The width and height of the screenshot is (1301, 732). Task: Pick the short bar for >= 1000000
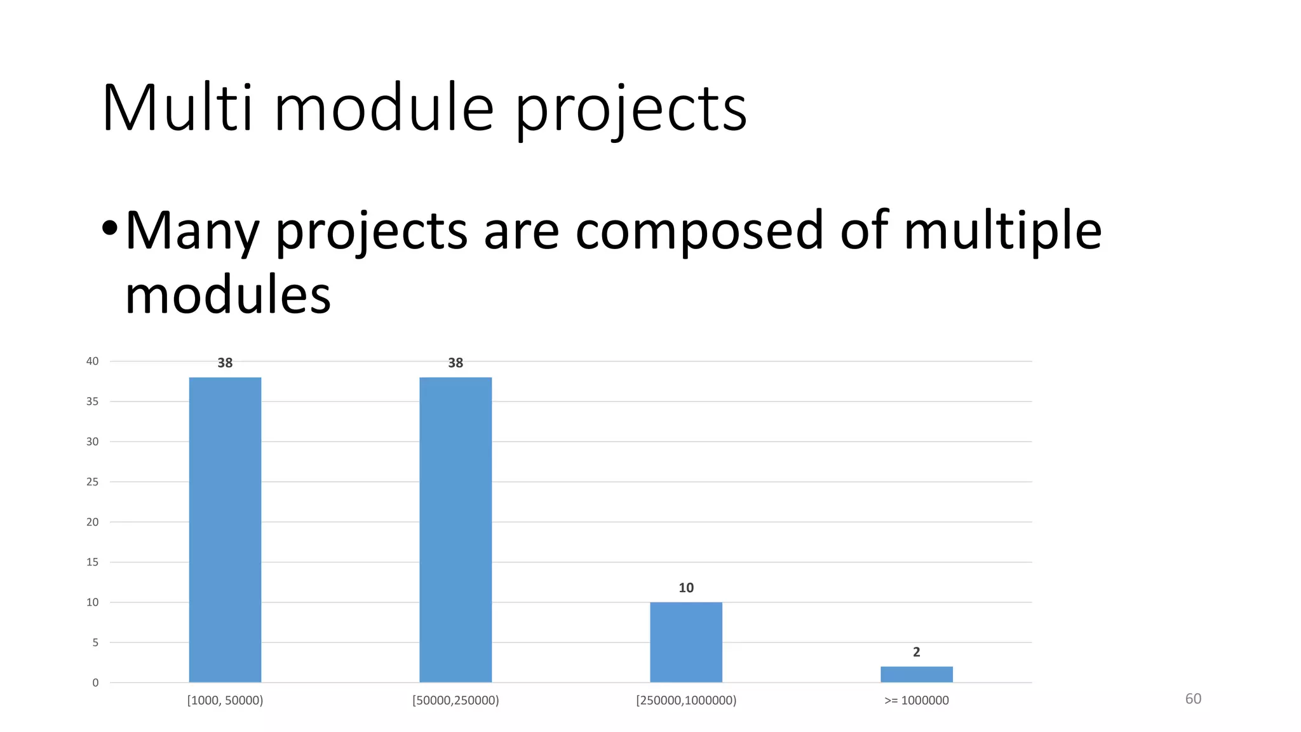point(916,674)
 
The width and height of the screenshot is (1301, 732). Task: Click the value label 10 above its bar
point(686,588)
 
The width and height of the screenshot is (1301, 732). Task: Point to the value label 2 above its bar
point(916,652)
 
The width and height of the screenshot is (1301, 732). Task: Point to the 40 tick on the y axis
point(93,362)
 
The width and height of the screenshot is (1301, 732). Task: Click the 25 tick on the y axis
point(93,482)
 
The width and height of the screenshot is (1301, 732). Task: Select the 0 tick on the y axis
point(96,683)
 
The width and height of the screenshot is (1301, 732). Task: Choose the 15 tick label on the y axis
point(93,562)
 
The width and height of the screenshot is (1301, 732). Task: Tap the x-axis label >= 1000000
point(916,700)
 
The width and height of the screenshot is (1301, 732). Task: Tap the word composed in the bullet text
point(699,231)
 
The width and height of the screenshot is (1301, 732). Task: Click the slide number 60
point(1193,699)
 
